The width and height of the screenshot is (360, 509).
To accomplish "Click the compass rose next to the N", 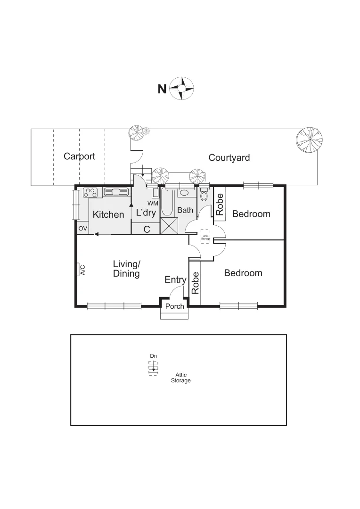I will point(182,88).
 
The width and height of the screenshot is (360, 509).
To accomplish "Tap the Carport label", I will point(79,156).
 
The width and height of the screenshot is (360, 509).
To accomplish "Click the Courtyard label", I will point(229,157).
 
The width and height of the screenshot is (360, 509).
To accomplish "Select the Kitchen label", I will point(108,215).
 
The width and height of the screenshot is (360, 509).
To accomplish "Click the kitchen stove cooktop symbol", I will point(90,192).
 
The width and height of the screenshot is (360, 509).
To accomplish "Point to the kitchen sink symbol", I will point(116,192).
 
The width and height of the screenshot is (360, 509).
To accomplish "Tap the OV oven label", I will point(83,229).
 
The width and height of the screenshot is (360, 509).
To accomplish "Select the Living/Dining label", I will point(126,269).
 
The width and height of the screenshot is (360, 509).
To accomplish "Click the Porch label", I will point(174,306).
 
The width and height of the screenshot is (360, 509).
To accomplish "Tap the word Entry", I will point(175,280).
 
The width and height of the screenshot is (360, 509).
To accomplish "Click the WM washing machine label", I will point(153,203).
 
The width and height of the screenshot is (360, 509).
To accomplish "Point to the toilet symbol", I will point(204,195).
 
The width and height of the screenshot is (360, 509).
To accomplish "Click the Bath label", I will point(185,210).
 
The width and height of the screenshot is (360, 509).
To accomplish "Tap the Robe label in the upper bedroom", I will point(220,204).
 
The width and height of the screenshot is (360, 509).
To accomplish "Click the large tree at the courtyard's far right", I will point(310,140).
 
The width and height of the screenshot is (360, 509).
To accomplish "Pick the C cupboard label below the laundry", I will point(147,230).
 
